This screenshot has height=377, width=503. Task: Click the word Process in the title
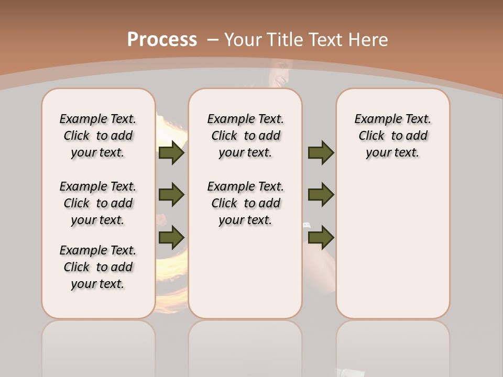click(x=162, y=40)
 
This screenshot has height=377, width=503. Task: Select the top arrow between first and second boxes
click(x=171, y=153)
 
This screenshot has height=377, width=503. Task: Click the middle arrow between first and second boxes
click(x=171, y=195)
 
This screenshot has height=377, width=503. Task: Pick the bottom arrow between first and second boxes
click(x=171, y=238)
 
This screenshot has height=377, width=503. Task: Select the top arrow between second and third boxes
click(x=321, y=153)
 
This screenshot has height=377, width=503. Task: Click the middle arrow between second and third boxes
click(x=321, y=195)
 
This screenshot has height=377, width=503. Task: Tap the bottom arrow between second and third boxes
click(x=321, y=238)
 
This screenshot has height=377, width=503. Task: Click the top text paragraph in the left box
click(x=98, y=136)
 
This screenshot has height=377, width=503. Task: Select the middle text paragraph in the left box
click(x=98, y=203)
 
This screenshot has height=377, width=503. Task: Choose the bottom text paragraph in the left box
click(x=98, y=267)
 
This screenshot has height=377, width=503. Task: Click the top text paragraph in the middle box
click(x=246, y=136)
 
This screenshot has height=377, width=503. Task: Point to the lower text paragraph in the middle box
click(x=246, y=203)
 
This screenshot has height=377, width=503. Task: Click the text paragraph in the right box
click(x=393, y=136)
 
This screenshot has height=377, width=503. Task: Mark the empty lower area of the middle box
click(x=245, y=272)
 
